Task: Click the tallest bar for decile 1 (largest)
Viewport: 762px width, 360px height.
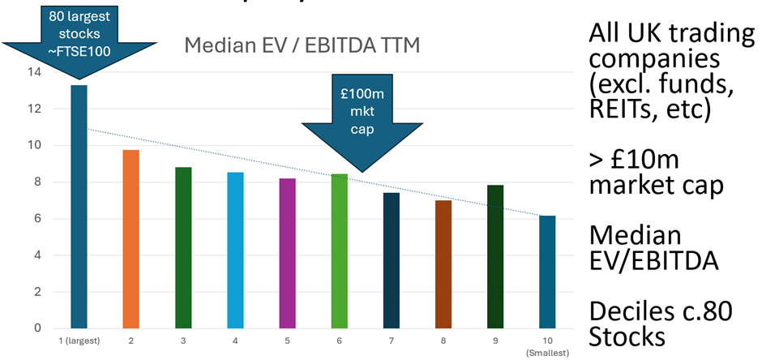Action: point(79,207)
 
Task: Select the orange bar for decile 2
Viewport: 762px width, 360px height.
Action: point(131,239)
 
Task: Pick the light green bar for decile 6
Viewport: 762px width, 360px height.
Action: point(340,251)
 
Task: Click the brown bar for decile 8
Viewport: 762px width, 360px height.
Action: point(444,264)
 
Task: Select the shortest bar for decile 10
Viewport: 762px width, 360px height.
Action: point(548,272)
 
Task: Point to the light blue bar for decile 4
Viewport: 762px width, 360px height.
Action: point(235,250)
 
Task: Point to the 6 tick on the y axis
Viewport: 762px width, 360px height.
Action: point(36,219)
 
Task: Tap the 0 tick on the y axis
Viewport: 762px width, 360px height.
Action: point(36,328)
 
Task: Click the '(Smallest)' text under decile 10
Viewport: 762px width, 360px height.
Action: point(549,353)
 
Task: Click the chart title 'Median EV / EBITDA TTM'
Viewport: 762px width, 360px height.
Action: point(302,45)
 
